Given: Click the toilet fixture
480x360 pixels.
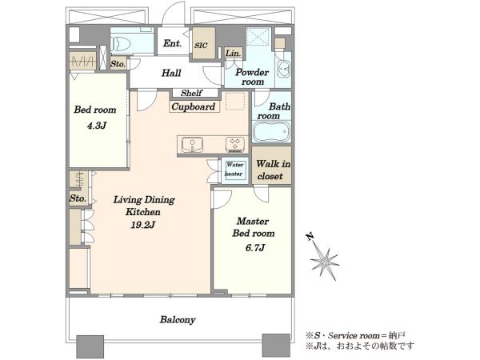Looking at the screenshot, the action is pos(120,44).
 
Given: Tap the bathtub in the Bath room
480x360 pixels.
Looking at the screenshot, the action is pos(271,132).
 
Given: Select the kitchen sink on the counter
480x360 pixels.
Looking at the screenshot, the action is pos(192,145).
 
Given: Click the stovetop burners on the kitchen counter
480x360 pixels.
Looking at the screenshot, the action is pos(235,145).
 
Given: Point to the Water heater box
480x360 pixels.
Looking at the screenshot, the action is pos(234,170).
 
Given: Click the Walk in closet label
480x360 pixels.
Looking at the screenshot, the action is pos(273,170).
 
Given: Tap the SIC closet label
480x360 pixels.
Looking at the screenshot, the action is pos(201,46).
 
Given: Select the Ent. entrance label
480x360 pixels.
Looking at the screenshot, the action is pos(172,43).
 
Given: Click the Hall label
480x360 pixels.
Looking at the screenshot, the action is pos(171,73).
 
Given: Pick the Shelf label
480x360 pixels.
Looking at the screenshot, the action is pos(191,93).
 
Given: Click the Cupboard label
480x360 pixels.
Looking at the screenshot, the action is pos(193,106).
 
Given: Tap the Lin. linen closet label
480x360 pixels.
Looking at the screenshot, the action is pos(234,54).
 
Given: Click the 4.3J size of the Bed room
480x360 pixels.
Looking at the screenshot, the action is pos(97,126).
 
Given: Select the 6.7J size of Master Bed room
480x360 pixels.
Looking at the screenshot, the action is pos(255,247).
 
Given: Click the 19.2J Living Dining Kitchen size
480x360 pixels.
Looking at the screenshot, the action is pos(143,225).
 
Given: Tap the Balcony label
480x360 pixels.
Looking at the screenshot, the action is pos(178,320).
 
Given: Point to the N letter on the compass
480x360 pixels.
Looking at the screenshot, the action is pos(310,237).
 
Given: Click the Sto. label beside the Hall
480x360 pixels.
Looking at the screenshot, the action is pos(118,64).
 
